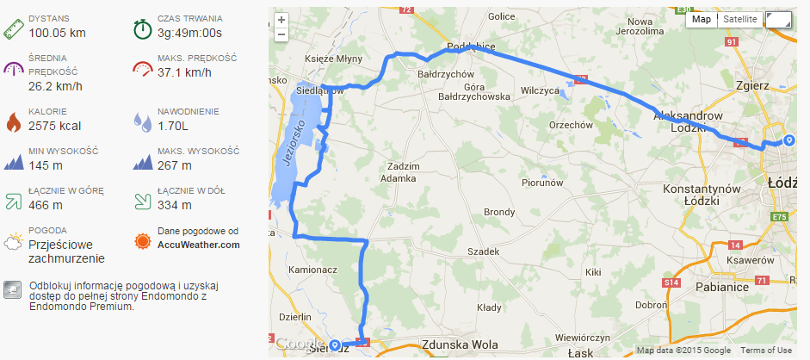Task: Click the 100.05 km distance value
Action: (x=58, y=33)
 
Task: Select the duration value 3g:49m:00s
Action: (x=190, y=33)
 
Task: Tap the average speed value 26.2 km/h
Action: (x=56, y=86)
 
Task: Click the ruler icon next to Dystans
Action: (x=13, y=27)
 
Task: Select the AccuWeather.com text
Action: (x=199, y=245)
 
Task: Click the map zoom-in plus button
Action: (x=281, y=20)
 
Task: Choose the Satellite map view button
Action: (x=740, y=19)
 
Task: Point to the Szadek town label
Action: (x=483, y=251)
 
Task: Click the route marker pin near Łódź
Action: (x=788, y=141)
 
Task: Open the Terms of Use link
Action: (x=766, y=351)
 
